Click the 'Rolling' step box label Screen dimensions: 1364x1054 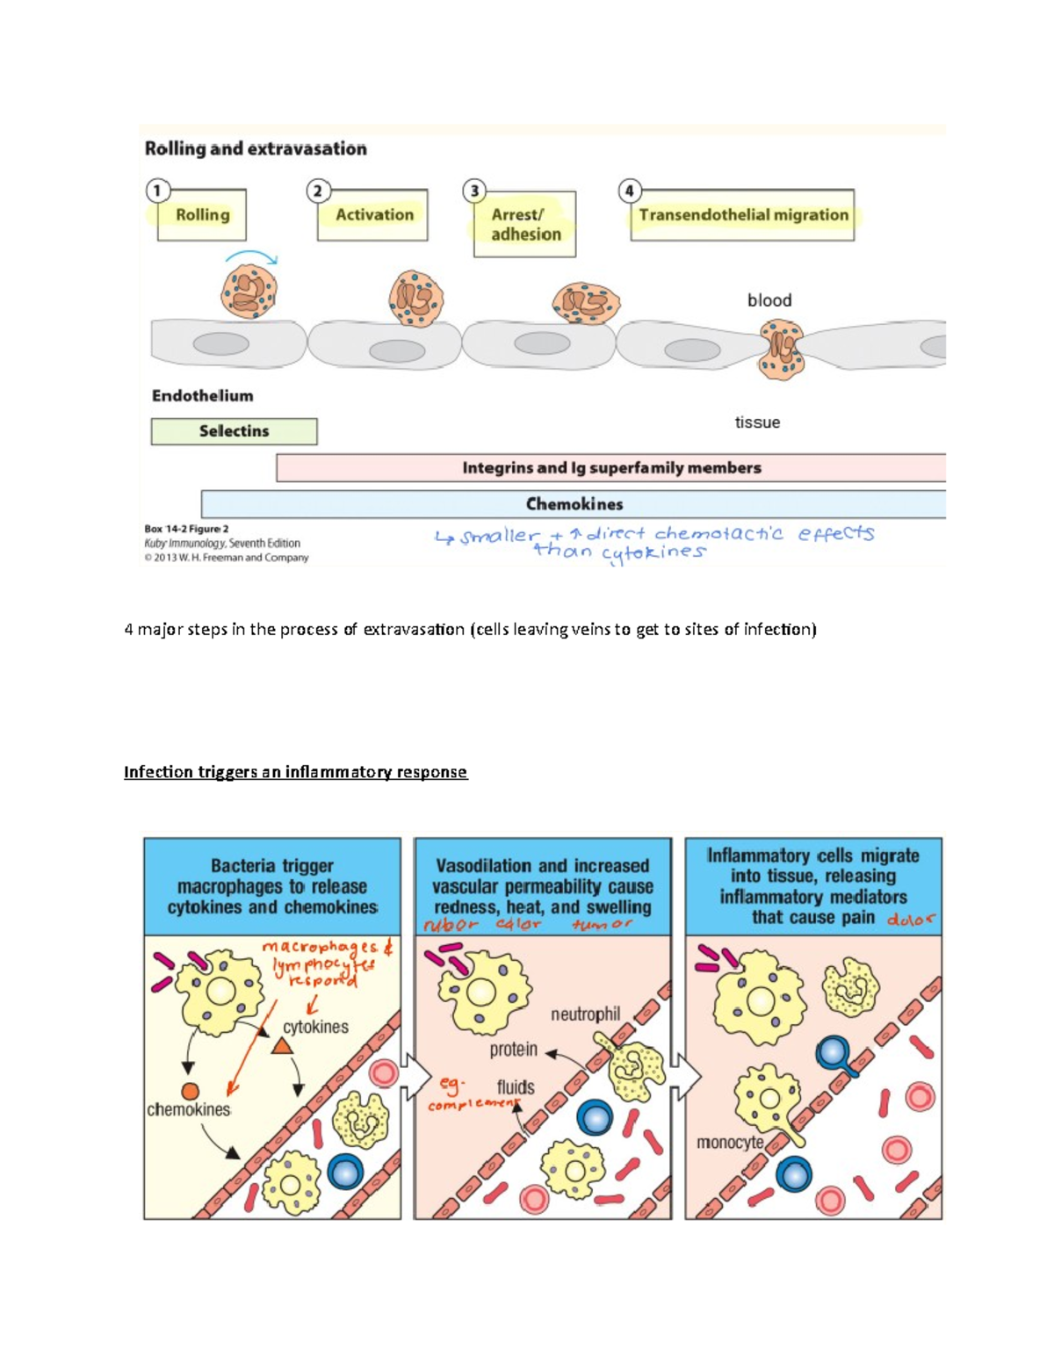pyautogui.click(x=202, y=215)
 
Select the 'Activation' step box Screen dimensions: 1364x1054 pyautogui.click(x=373, y=215)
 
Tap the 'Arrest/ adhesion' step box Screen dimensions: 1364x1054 pyautogui.click(x=525, y=225)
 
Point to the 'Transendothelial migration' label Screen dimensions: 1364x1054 pyautogui.click(x=743, y=215)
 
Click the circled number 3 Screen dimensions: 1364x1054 pyautogui.click(x=474, y=191)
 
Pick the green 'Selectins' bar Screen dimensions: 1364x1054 pyautogui.click(x=234, y=431)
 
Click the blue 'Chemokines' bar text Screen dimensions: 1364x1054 pyautogui.click(x=574, y=504)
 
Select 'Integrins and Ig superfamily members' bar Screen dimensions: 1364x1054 pyautogui.click(x=611, y=468)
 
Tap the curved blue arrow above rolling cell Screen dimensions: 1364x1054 pyautogui.click(x=251, y=256)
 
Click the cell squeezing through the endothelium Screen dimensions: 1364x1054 pyautogui.click(x=781, y=349)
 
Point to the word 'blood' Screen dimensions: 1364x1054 pyautogui.click(x=769, y=300)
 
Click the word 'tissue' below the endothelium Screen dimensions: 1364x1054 pyautogui.click(x=757, y=422)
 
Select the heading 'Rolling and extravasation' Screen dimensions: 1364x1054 pyautogui.click(x=256, y=148)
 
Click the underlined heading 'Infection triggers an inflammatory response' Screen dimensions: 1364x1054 pyautogui.click(x=295, y=772)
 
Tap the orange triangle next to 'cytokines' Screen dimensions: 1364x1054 pyautogui.click(x=282, y=1046)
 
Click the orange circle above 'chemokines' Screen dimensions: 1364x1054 pyautogui.click(x=190, y=1092)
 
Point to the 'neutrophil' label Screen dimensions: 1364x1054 pyautogui.click(x=585, y=1014)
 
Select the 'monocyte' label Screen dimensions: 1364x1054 pyautogui.click(x=729, y=1143)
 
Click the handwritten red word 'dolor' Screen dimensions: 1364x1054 pyautogui.click(x=911, y=920)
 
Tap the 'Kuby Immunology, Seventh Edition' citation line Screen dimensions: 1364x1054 pyautogui.click(x=222, y=544)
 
